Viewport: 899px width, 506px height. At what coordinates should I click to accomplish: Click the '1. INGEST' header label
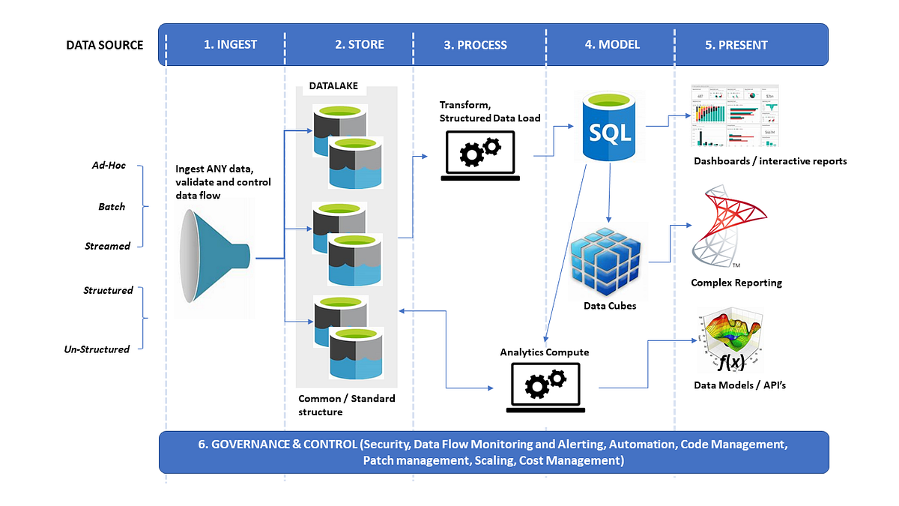(x=230, y=44)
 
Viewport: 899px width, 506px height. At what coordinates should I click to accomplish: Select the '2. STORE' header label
(x=359, y=44)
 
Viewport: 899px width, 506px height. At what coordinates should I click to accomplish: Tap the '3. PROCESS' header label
(x=475, y=45)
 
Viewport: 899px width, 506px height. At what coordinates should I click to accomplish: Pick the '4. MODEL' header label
(x=612, y=44)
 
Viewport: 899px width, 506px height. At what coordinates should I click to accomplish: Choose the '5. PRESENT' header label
(x=736, y=45)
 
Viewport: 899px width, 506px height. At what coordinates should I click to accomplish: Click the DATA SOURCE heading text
(x=104, y=45)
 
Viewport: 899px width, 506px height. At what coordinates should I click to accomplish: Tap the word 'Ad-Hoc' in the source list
(x=109, y=166)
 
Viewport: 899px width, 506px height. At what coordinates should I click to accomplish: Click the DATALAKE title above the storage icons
(x=333, y=86)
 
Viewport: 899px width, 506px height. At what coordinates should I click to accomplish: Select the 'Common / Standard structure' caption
(x=346, y=405)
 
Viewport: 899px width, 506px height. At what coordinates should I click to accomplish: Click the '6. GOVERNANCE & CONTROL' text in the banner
(x=277, y=445)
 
